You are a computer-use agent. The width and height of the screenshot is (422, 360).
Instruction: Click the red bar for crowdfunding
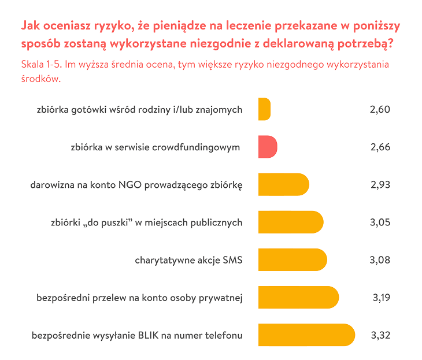[268, 147]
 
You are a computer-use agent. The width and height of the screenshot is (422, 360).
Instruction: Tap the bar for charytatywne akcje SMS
[293, 260]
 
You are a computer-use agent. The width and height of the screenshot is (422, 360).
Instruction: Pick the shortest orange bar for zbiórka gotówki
[264, 109]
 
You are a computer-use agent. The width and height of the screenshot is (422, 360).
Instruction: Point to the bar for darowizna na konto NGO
[284, 185]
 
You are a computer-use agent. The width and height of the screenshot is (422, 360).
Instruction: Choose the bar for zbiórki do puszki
[291, 222]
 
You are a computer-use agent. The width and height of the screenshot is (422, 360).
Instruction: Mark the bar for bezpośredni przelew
[298, 298]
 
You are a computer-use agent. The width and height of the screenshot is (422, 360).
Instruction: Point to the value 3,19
[381, 298]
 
